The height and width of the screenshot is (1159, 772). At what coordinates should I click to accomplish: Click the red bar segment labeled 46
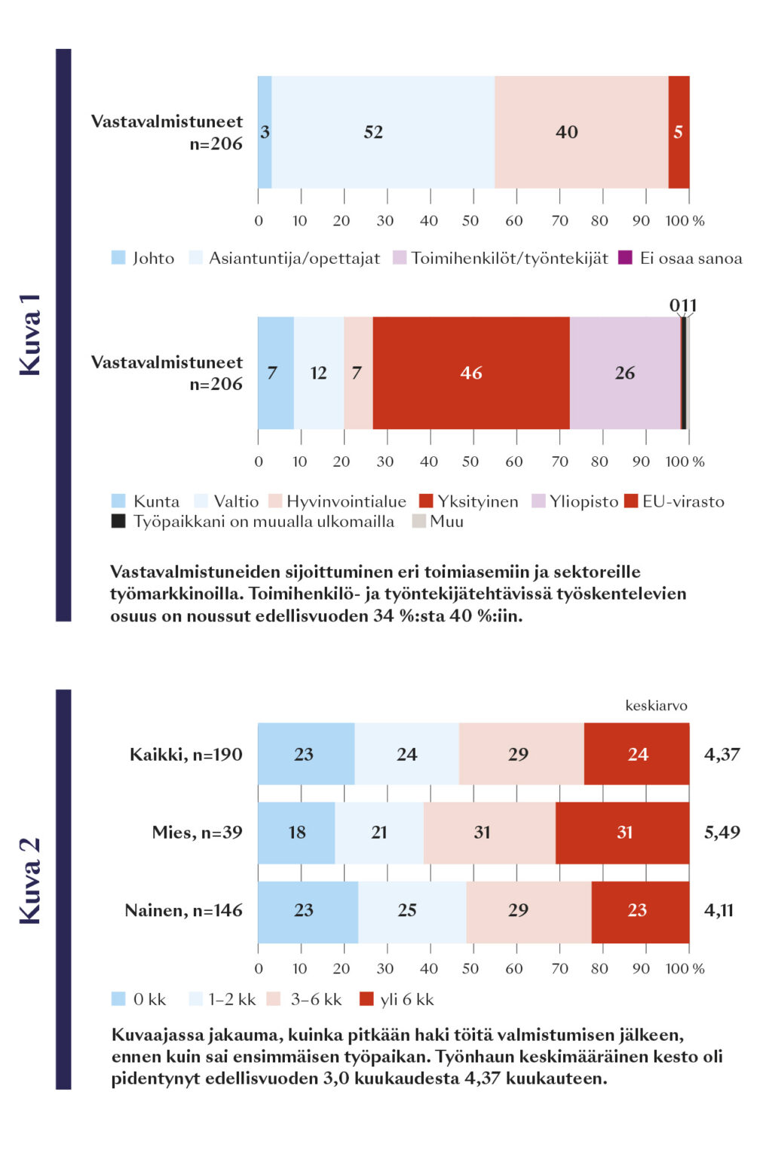(x=471, y=373)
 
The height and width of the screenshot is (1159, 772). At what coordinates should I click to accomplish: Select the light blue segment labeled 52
(x=382, y=132)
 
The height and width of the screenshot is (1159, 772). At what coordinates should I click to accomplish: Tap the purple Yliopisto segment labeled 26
(x=625, y=373)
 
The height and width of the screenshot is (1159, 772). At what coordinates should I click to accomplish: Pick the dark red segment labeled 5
(x=679, y=132)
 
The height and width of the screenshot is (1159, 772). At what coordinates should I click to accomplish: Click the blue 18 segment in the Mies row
(x=296, y=832)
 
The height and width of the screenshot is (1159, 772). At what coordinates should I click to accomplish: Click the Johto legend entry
(x=143, y=258)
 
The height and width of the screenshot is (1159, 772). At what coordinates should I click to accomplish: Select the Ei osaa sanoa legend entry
(x=680, y=258)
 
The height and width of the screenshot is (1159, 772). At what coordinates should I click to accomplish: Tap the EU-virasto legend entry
(x=674, y=501)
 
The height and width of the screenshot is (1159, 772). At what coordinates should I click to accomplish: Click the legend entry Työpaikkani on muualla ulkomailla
(x=253, y=522)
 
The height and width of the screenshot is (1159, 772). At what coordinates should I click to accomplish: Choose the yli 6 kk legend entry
(x=397, y=1000)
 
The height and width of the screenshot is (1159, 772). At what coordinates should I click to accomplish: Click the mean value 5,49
(x=721, y=832)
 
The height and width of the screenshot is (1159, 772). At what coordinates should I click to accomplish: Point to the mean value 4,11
(x=718, y=911)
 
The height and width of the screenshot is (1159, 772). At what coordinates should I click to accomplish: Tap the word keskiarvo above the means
(x=656, y=706)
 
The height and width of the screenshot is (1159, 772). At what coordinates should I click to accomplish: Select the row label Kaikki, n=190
(x=185, y=755)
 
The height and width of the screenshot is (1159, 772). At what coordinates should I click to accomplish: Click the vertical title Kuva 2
(x=30, y=881)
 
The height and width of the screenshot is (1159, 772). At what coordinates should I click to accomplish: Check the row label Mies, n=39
(x=197, y=832)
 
